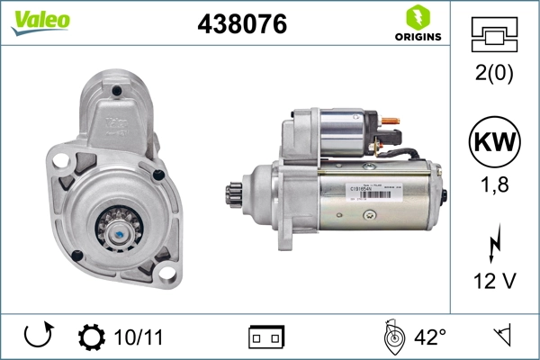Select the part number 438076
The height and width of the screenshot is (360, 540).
tap(242, 24)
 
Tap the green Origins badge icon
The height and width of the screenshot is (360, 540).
tap(416, 17)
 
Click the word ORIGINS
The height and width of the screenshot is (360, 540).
tap(416, 37)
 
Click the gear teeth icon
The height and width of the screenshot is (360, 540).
tap(91, 337)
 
